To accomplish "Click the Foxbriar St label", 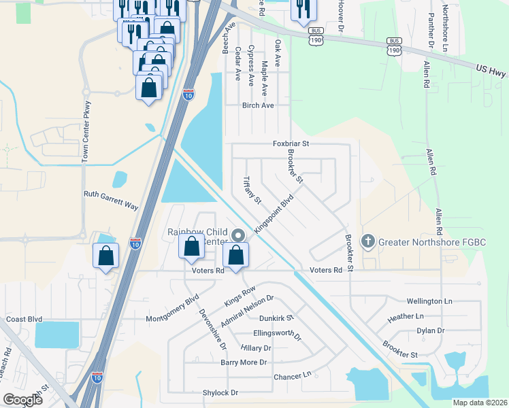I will tap(291, 143).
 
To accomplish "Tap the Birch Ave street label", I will tap(258, 105).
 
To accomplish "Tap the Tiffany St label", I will tap(252, 191).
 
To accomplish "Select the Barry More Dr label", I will tap(244, 362).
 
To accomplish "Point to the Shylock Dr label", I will tap(220, 393).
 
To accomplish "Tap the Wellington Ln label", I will tap(429, 301).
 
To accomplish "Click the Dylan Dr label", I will tap(430, 330).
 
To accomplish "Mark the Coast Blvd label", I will tap(24, 319).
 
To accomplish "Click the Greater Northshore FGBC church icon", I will tap(367, 241).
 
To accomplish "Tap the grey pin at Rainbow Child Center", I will tap(237, 235).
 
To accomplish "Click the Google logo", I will tap(22, 400).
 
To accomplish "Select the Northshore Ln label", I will tap(444, 29).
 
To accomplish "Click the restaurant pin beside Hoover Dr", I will tap(302, 10).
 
